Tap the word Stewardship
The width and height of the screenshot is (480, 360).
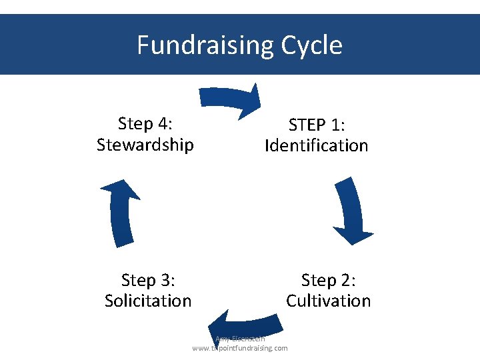145,145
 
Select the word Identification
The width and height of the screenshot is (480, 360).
316,145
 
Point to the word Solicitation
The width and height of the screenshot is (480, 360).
148,301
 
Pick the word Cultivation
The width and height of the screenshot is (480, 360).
328,301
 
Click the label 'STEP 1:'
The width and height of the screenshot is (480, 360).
316,125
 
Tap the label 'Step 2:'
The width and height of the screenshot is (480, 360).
328,280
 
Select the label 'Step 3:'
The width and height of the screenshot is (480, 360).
148,280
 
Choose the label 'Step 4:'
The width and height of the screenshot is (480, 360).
145,124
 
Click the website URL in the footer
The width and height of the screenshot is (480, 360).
240,348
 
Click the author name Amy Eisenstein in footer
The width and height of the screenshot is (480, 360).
240,339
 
